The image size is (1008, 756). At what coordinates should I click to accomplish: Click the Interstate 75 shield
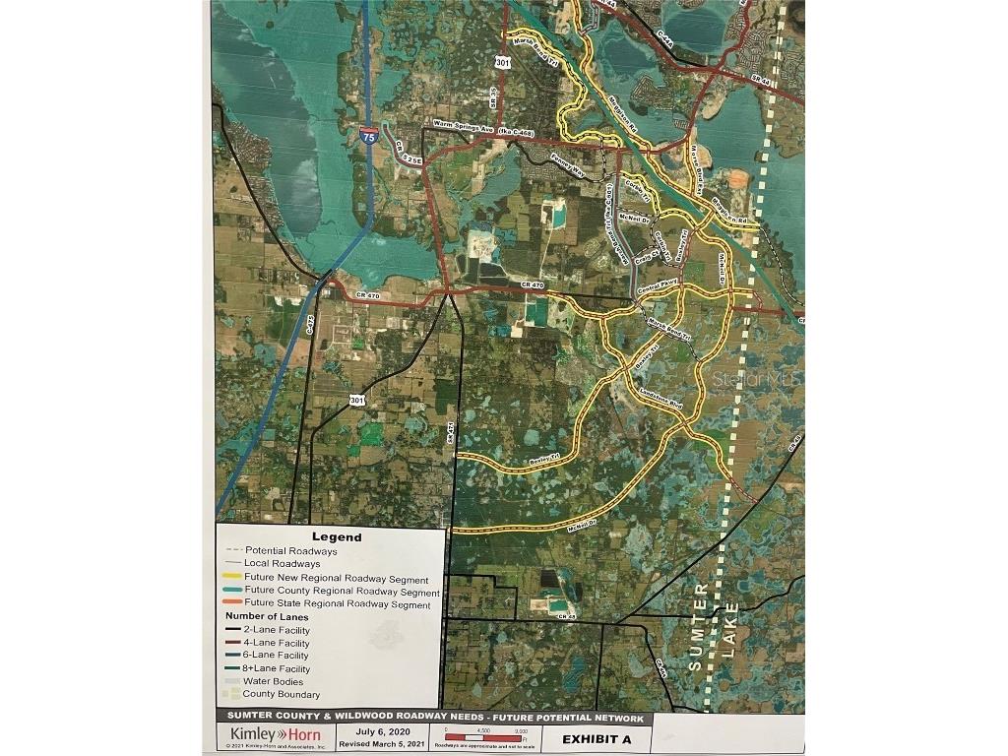pos(368,137)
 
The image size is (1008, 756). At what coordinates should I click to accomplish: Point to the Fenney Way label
pos(568,160)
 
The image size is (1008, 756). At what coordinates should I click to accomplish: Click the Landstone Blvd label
pos(661,398)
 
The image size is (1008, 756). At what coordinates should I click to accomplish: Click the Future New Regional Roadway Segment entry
pos(336,579)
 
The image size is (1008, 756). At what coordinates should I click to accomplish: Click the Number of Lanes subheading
pos(267,617)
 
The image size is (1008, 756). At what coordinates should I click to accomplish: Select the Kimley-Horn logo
pos(275,735)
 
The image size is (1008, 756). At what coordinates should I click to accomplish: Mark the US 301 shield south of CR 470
pos(358,400)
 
